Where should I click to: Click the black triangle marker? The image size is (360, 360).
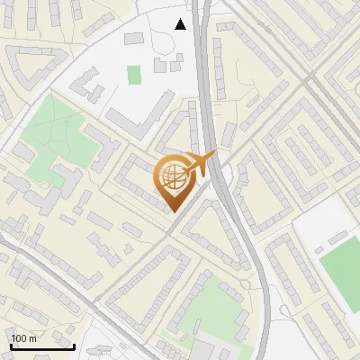click(181, 23)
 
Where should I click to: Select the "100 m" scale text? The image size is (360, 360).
click(24, 338)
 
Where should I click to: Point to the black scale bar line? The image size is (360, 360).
click(42, 346)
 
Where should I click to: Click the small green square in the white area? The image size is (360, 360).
click(134, 75)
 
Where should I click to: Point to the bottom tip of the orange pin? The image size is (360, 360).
click(175, 211)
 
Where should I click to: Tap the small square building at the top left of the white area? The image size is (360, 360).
click(134, 39)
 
